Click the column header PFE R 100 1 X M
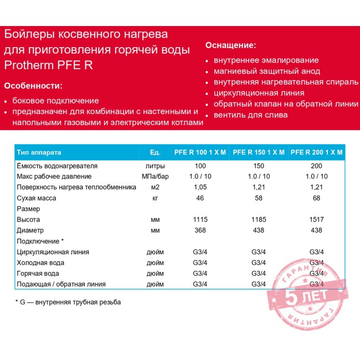pos(200,152)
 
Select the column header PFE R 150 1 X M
pos(259,152)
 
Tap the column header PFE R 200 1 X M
pos(316,152)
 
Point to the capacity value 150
pos(258,166)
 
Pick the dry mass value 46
pos(200,198)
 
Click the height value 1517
pos(316,219)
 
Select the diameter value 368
pos(200,230)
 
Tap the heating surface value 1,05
pos(200,187)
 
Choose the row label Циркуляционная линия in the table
pos(53,252)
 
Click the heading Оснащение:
pos(231,45)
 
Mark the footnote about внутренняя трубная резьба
pos(68,302)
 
